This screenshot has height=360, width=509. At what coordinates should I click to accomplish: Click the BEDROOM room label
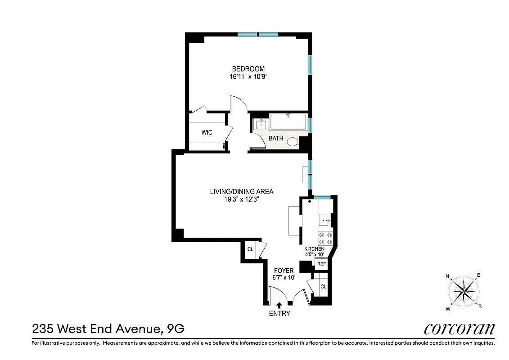pos(248,69)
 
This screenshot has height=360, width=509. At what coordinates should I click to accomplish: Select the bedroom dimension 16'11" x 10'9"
pos(248,76)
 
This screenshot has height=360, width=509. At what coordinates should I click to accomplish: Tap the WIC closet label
pos(207,132)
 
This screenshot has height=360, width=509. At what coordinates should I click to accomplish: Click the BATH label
pos(276,139)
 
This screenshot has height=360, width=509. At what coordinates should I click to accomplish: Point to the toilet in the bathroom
pos(293,142)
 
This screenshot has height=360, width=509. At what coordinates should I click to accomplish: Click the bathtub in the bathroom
pos(288,123)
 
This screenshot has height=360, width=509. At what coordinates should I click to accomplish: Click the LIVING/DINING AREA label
pos(242,191)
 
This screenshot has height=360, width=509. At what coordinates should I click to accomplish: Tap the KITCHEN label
pos(314,249)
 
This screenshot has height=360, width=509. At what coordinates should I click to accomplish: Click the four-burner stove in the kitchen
pos(325,238)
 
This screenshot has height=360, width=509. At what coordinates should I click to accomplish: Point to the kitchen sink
pos(325,220)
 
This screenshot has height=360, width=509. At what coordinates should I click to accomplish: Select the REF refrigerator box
pos(321,264)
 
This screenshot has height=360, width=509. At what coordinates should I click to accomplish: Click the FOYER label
pos(283,270)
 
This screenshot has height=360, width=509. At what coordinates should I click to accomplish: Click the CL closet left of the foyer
pos(250,249)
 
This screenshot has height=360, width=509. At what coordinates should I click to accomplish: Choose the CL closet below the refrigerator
pos(323,287)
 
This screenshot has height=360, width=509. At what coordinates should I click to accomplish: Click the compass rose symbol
pos(464,292)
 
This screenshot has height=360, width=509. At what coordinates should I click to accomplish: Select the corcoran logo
pos(459,329)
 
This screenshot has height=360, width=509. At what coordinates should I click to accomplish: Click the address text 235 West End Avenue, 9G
pos(108,329)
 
